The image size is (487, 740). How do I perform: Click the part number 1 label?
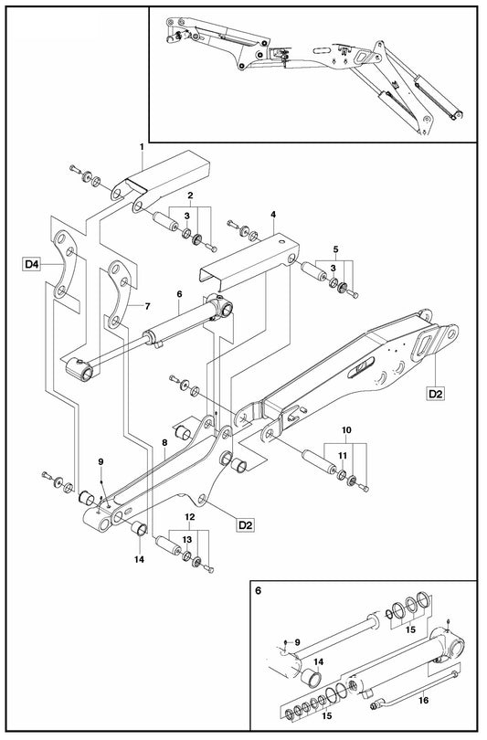142,147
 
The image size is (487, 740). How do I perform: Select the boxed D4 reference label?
32,264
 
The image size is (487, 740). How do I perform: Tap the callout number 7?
147,306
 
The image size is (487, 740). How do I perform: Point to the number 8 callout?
164,443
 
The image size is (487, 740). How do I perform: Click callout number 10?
346,430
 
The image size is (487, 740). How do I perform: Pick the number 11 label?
343,456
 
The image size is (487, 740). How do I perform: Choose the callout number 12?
190,517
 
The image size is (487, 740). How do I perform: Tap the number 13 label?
187,539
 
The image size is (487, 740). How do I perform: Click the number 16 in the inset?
423,700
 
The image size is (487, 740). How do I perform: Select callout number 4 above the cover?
273,215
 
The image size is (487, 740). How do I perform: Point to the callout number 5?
335,248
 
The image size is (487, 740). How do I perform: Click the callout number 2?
190,195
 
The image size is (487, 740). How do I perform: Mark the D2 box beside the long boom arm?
435,393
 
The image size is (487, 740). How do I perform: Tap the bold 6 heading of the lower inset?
258,590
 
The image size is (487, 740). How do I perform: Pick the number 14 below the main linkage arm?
138,560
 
